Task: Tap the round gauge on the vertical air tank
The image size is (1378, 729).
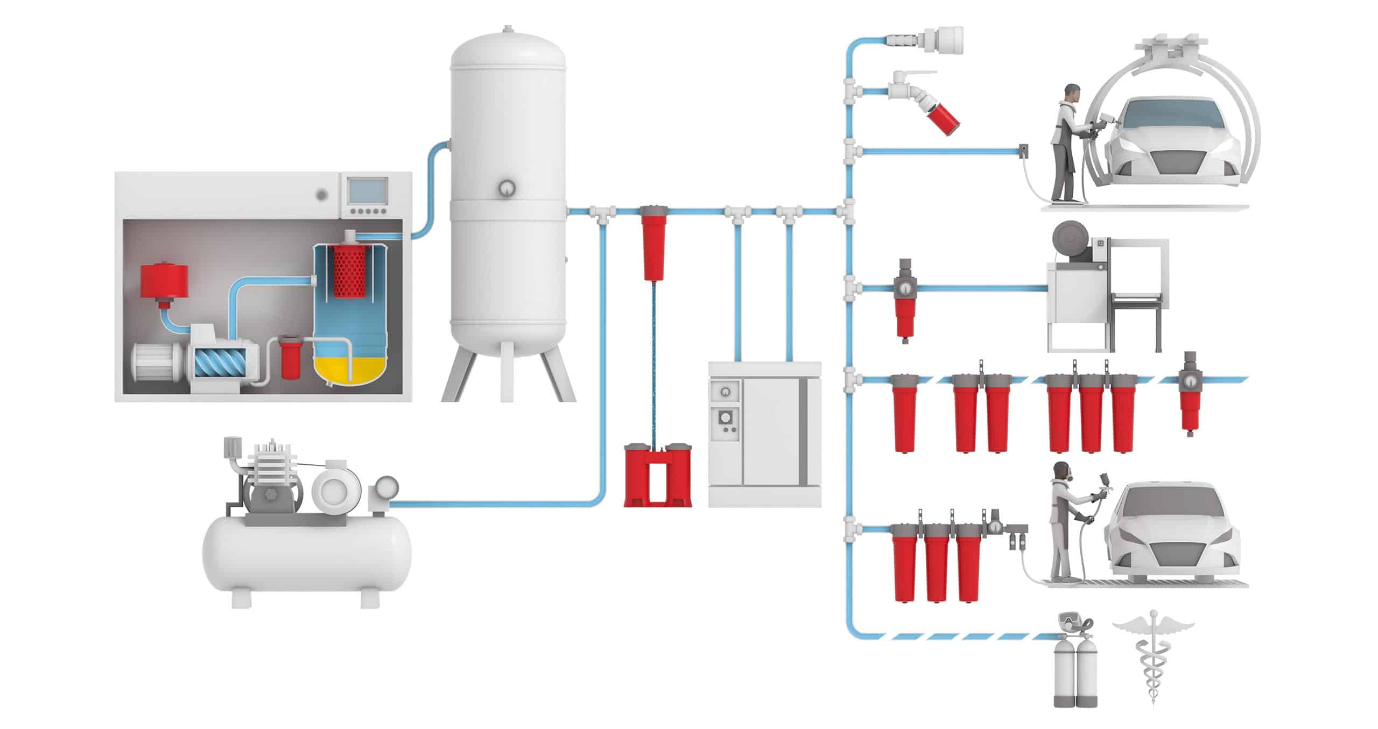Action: pyautogui.click(x=507, y=188)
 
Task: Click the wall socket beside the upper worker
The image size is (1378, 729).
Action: pyautogui.click(x=1022, y=152)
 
